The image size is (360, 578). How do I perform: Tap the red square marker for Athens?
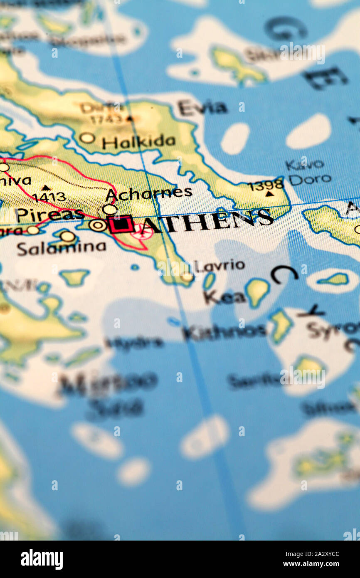point(121,224)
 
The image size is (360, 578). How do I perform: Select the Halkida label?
point(138,142)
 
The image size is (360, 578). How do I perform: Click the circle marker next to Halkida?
point(87,138)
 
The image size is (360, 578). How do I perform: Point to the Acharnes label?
point(148,193)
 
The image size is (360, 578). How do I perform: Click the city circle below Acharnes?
point(109,209)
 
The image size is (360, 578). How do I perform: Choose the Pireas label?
point(50,215)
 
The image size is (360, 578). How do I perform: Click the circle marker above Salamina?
point(67,236)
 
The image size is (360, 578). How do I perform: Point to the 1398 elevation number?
point(266,185)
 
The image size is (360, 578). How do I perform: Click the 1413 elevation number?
point(49,197)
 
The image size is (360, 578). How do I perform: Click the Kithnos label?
point(224,332)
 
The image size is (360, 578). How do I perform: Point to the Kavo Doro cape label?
point(308,172)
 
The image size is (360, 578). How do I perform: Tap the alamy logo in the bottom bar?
point(42,559)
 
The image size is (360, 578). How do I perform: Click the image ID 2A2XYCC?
point(321,554)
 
